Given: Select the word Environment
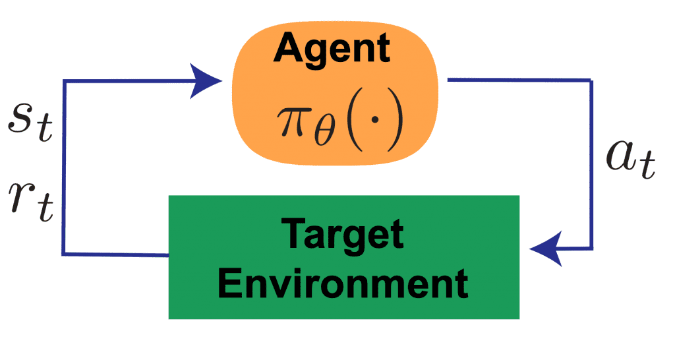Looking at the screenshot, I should coord(344,284).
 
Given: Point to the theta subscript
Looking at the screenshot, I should coord(328,133).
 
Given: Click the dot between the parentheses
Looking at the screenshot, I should coord(376,123).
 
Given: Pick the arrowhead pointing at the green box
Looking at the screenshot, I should coord(544,249).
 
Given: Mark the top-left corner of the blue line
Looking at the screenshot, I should coord(63,80).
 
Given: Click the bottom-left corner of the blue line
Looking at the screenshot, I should coord(63,254).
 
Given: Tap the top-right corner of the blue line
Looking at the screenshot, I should coord(591,80).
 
